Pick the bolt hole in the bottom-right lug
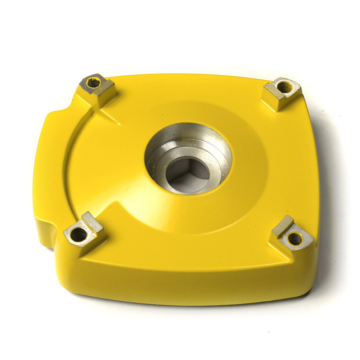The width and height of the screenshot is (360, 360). click(x=295, y=239)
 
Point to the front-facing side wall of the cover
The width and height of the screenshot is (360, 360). click(x=180, y=288)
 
